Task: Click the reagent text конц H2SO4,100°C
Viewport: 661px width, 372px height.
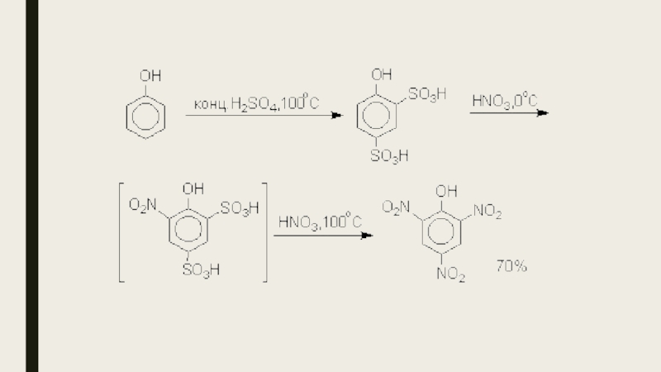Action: click(256, 104)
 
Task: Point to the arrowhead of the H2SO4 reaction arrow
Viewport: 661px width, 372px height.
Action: click(337, 116)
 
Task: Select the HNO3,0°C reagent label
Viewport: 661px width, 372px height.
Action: click(504, 101)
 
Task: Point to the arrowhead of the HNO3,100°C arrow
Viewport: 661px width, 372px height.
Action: click(368, 236)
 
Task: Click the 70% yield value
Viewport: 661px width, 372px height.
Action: click(511, 266)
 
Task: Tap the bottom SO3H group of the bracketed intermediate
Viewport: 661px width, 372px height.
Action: click(201, 269)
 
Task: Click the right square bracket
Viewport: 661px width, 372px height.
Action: click(265, 231)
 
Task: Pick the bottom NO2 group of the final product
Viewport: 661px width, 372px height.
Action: click(451, 273)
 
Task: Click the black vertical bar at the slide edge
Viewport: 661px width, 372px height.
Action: click(31, 186)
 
